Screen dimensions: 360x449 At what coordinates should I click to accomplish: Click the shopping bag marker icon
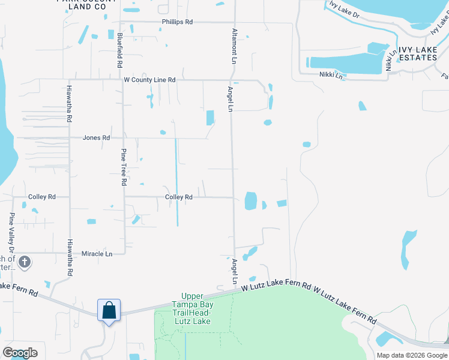[109, 311]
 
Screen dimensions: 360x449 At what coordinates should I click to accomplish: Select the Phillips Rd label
[177, 22]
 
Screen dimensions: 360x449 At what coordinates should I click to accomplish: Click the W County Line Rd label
[149, 79]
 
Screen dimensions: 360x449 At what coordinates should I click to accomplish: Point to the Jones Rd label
[96, 137]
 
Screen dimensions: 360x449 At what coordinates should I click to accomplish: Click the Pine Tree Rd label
[124, 167]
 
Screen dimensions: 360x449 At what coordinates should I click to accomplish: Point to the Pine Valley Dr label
[11, 232]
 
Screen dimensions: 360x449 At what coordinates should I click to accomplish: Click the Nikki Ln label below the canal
[331, 76]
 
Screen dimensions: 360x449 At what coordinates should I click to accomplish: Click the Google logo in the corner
[20, 353]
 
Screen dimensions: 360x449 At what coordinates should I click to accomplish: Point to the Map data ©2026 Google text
[411, 355]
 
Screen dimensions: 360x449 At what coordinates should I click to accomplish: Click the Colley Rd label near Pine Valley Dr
[42, 196]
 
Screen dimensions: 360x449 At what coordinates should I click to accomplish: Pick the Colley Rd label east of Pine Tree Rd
[178, 197]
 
